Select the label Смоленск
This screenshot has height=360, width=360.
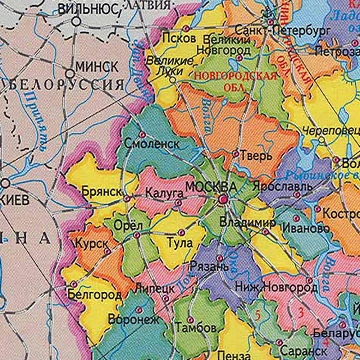(152, 144)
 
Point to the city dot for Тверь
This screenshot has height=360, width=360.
(236, 154)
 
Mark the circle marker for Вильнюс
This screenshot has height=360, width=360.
(76, 22)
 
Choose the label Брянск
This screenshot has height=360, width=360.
(102, 191)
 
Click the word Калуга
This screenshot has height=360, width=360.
(164, 193)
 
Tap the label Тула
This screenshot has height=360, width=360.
(180, 243)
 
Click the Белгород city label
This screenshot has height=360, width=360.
(95, 295)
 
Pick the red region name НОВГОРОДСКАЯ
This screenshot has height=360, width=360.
(235, 76)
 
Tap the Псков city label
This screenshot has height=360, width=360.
(179, 38)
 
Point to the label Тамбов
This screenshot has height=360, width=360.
(196, 328)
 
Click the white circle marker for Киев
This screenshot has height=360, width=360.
(5, 184)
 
